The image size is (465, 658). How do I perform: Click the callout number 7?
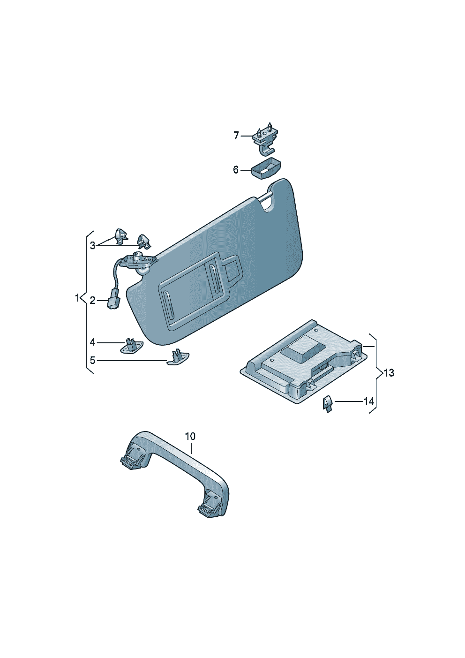point(236,136)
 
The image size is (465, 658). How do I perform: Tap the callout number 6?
point(236,170)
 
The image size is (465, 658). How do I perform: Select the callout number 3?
point(92,245)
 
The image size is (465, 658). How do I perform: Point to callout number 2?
point(92,301)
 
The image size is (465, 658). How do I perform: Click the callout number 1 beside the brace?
point(77,298)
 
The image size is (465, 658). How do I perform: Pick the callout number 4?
point(92,342)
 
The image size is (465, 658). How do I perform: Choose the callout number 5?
point(92,360)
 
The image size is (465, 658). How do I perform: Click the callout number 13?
point(389,373)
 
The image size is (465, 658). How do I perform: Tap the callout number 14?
point(369,401)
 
